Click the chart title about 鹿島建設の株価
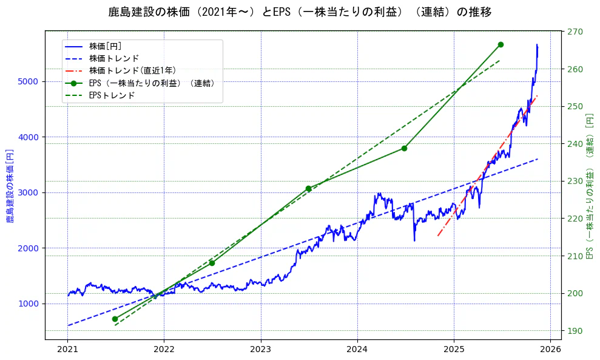[x=300, y=12]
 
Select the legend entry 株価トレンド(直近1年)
[x=132, y=70]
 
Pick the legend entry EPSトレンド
[x=112, y=95]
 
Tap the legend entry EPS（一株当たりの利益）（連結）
[x=152, y=83]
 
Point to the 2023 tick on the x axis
[x=260, y=350]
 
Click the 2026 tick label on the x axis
[x=550, y=350]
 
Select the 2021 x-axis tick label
[x=67, y=350]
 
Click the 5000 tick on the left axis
[x=30, y=81]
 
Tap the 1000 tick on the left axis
[x=30, y=304]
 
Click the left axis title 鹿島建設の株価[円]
[x=10, y=185]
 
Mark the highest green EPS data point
[x=501, y=44]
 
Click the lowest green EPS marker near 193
[x=115, y=319]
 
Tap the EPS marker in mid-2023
[x=308, y=189]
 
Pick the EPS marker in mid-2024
[x=404, y=148]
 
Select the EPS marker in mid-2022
[x=212, y=263]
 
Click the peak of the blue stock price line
[x=536, y=44]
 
